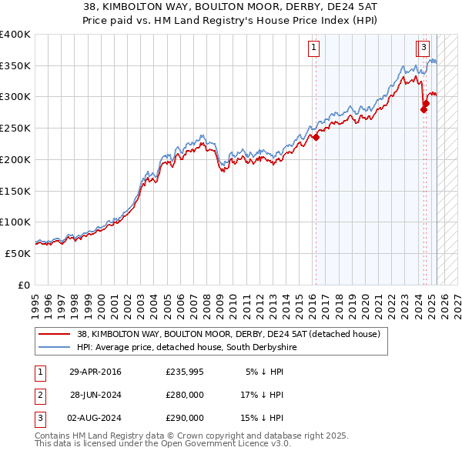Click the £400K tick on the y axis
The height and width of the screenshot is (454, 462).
[x=15, y=35]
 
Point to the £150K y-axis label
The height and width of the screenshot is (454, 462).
[x=15, y=191]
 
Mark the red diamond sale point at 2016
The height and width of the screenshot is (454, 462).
[x=316, y=138]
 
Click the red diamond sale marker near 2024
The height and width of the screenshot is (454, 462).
[x=423, y=110]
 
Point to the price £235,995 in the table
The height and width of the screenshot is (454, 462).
[x=185, y=372]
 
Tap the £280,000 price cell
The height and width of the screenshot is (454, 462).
[x=185, y=395]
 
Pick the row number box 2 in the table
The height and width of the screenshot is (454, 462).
[x=38, y=395]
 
